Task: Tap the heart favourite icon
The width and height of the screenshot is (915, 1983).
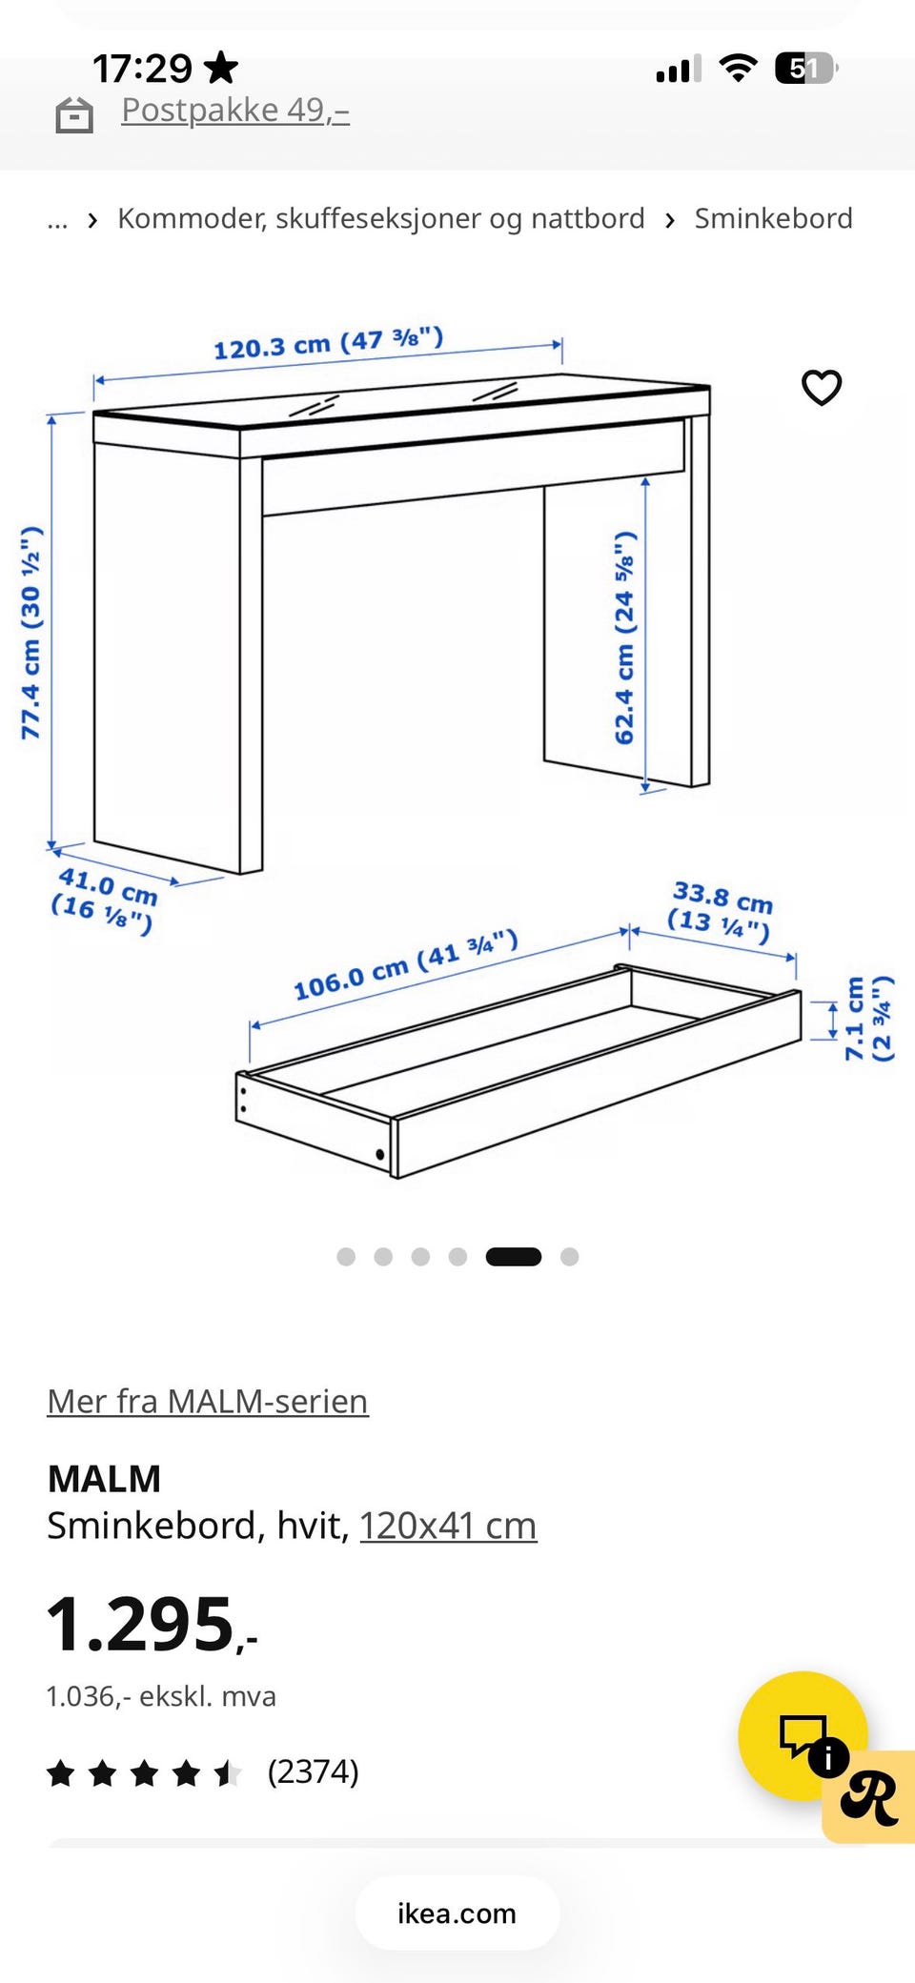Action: [x=822, y=388]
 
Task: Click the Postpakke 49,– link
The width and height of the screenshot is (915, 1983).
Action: [x=235, y=111]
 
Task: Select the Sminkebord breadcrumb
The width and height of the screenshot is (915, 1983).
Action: [x=773, y=218]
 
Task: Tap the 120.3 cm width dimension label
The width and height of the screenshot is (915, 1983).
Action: [x=328, y=342]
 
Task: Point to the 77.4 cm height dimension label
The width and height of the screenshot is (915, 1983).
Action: [x=31, y=632]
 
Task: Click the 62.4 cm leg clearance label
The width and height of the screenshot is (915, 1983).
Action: [x=624, y=637]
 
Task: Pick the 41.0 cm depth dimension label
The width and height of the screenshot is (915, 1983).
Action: [x=104, y=900]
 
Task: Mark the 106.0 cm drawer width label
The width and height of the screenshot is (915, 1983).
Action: [x=406, y=964]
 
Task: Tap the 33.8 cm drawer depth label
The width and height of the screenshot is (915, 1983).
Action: [x=721, y=910]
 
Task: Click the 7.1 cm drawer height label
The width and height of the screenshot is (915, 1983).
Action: [x=868, y=1018]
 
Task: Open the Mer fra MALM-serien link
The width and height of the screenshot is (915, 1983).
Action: [x=208, y=1401]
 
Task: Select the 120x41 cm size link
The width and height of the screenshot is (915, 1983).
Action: [x=448, y=1526]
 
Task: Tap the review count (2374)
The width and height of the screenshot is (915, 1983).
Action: [x=313, y=1771]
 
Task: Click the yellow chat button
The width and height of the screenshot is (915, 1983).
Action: [x=803, y=1736]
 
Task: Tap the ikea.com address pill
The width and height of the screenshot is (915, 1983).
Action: [x=457, y=1912]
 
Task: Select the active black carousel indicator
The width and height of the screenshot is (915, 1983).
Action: [x=514, y=1257]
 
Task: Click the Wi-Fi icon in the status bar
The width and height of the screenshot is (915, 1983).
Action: [x=738, y=68]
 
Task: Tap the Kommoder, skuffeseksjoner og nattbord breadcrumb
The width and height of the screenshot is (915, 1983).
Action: [x=381, y=218]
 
